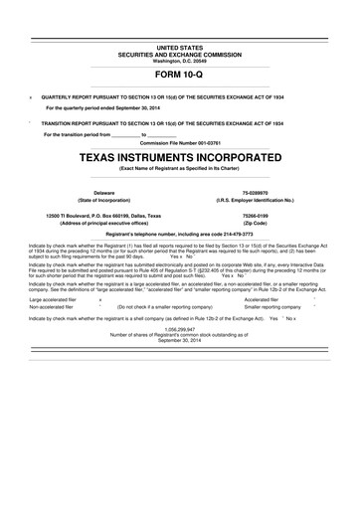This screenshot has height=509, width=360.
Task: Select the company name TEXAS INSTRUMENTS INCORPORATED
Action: pos(179,157)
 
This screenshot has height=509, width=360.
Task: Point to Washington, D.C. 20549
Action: pos(179,61)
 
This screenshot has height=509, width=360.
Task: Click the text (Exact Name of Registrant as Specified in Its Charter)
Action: pos(179,170)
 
